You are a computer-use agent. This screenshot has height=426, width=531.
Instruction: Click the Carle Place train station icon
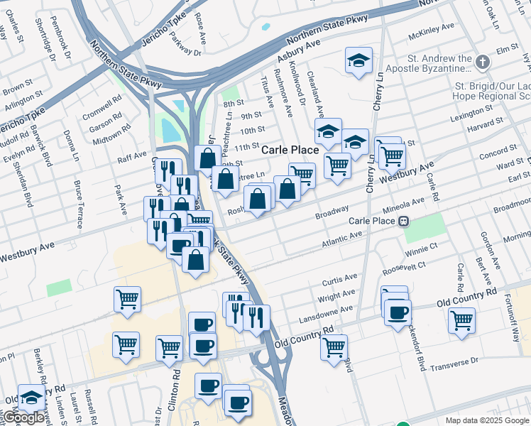[x=403, y=221]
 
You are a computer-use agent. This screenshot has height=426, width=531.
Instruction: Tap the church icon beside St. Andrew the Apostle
[x=483, y=62]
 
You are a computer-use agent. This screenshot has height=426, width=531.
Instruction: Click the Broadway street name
[x=332, y=211]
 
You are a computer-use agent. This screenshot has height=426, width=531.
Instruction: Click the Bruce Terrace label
[x=78, y=201]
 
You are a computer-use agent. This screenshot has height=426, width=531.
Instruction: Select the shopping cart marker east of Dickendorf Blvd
[x=461, y=320]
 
